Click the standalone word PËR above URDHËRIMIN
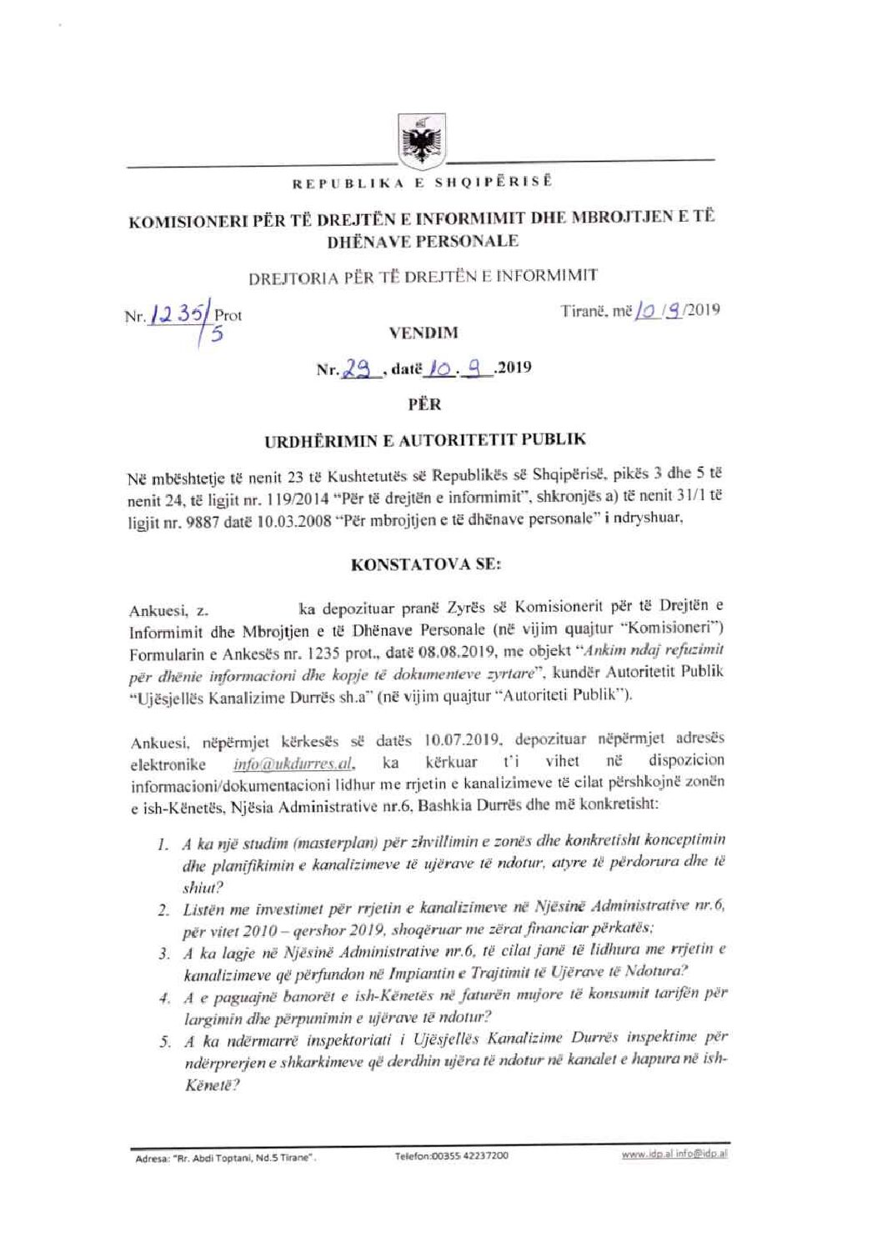tap(424, 405)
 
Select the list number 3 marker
tap(165, 953)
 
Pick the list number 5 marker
tap(165, 1041)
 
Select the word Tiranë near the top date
tap(584, 311)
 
